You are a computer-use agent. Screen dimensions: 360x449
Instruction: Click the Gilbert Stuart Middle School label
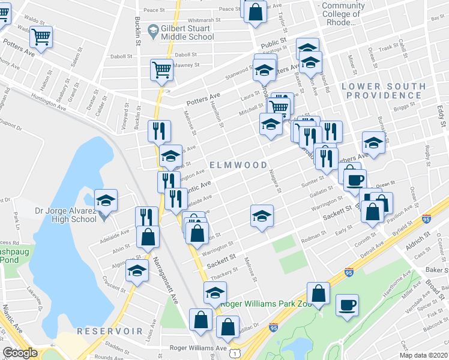pyautogui.click(x=187, y=32)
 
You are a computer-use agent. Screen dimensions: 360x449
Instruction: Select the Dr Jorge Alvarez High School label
pyautogui.click(x=65, y=215)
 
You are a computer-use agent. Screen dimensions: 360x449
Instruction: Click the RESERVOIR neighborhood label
pyautogui.click(x=109, y=331)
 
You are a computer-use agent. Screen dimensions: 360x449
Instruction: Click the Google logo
pyautogui.click(x=20, y=353)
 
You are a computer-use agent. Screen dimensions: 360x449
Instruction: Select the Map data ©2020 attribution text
pyautogui.click(x=424, y=355)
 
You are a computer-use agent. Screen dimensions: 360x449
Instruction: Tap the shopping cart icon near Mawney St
pyautogui.click(x=162, y=70)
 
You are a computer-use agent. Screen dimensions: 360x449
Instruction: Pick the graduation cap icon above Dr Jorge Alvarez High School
pyautogui.click(x=106, y=200)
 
